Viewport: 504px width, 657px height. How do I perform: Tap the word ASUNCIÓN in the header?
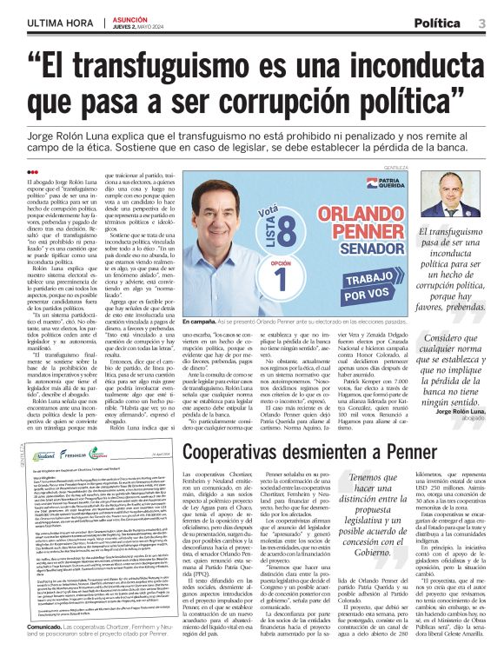pos(128,18)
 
